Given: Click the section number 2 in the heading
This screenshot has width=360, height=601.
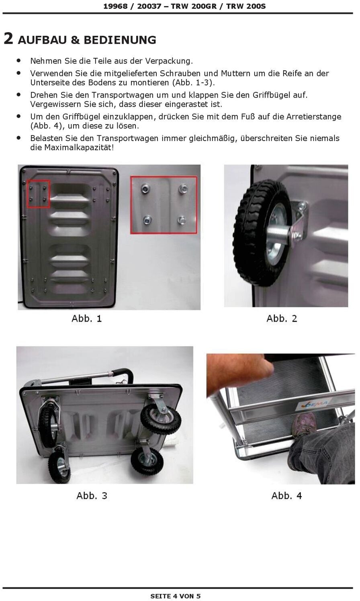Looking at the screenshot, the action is click(x=8, y=39).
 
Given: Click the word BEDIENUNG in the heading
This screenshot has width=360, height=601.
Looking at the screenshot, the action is click(x=120, y=40).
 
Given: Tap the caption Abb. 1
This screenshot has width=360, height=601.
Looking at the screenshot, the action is click(x=87, y=319).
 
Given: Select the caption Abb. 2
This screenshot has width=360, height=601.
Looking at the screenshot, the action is click(x=282, y=319).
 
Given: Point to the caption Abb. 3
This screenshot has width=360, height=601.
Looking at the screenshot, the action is click(x=92, y=496).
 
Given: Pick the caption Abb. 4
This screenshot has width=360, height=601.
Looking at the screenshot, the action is click(x=286, y=496).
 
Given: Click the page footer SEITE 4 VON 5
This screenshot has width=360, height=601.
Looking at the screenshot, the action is click(x=176, y=596).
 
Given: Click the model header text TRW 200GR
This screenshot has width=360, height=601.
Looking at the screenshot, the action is click(x=194, y=6).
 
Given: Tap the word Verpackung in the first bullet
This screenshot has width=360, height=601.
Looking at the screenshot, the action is click(x=169, y=61).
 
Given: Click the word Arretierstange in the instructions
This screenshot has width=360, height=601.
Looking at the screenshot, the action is click(x=314, y=117).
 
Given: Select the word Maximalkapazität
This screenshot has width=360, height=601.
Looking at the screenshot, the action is click(x=79, y=147).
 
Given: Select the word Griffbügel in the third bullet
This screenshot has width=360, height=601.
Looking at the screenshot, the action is click(x=271, y=95).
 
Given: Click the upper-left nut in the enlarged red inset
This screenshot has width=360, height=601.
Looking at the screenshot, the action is click(x=145, y=189).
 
